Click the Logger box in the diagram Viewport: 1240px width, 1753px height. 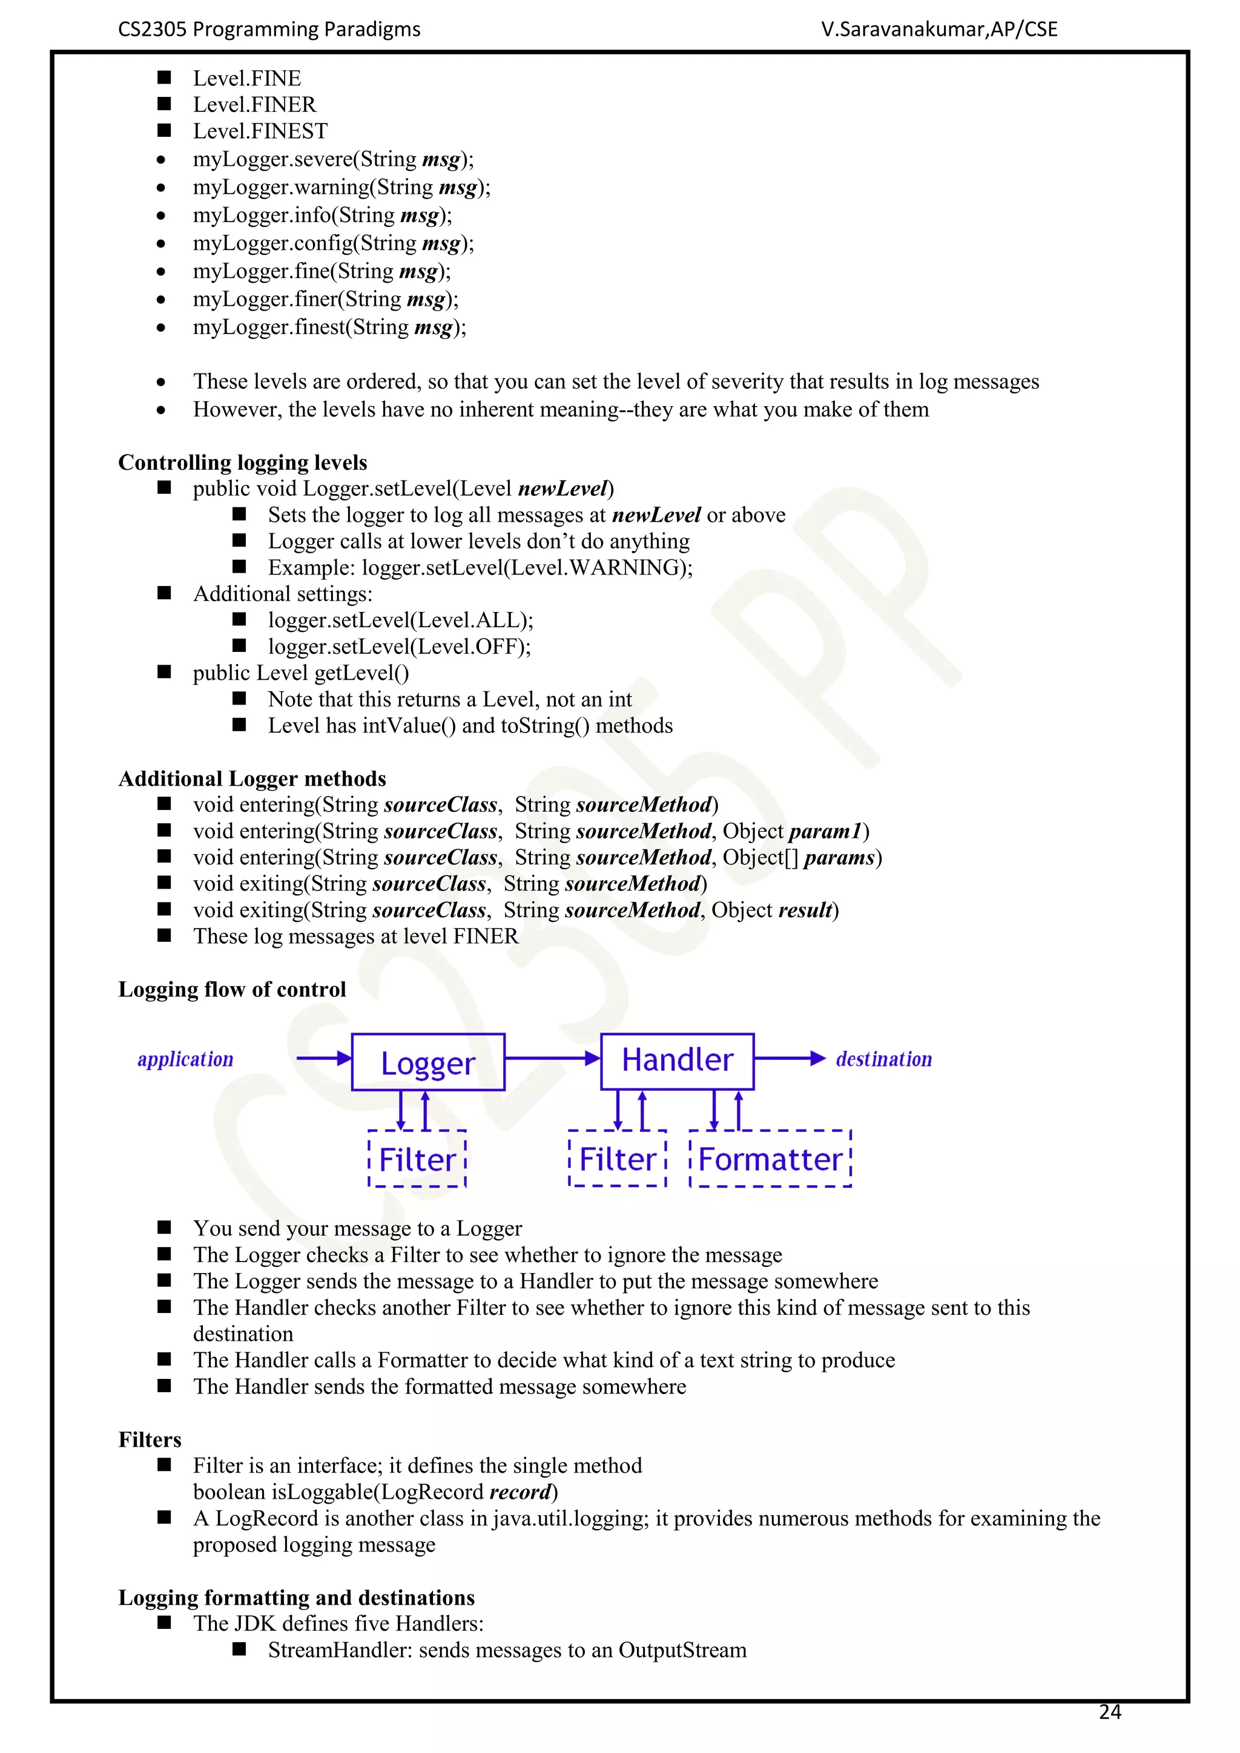[427, 1062]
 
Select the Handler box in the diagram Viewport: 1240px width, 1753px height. [678, 1061]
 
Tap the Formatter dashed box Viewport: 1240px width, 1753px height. [770, 1159]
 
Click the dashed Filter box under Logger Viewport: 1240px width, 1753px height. [417, 1159]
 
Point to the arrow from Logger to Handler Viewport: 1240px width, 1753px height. [552, 1058]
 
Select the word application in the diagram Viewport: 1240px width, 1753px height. [185, 1060]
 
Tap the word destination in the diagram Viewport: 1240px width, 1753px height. [883, 1060]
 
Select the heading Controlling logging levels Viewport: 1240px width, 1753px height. [243, 462]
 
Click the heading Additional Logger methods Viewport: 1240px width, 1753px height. [252, 779]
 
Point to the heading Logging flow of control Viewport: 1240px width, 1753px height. [232, 990]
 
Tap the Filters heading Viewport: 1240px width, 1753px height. [150, 1440]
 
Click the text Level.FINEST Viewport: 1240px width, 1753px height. [260, 131]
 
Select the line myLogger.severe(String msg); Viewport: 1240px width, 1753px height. [333, 160]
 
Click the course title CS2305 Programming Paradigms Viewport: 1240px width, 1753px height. [269, 30]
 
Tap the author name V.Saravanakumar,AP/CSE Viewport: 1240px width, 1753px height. [939, 30]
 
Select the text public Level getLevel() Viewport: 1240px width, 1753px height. [301, 673]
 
